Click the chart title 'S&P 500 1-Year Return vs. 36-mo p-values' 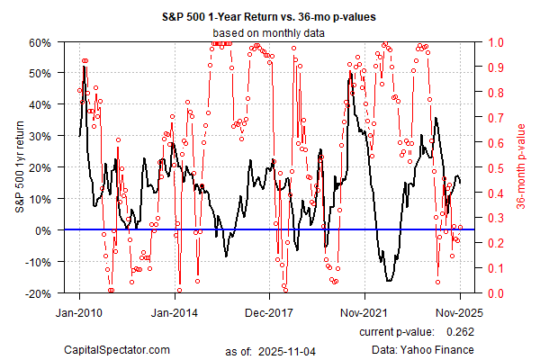[x=269, y=17]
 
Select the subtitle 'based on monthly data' [x=269, y=32]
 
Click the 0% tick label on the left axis [x=44, y=230]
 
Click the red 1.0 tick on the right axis [x=496, y=41]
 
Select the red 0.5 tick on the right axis [x=496, y=167]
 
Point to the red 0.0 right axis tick [x=496, y=293]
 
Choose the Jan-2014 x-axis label [x=175, y=315]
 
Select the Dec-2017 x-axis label [x=270, y=315]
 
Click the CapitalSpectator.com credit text [x=117, y=348]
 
